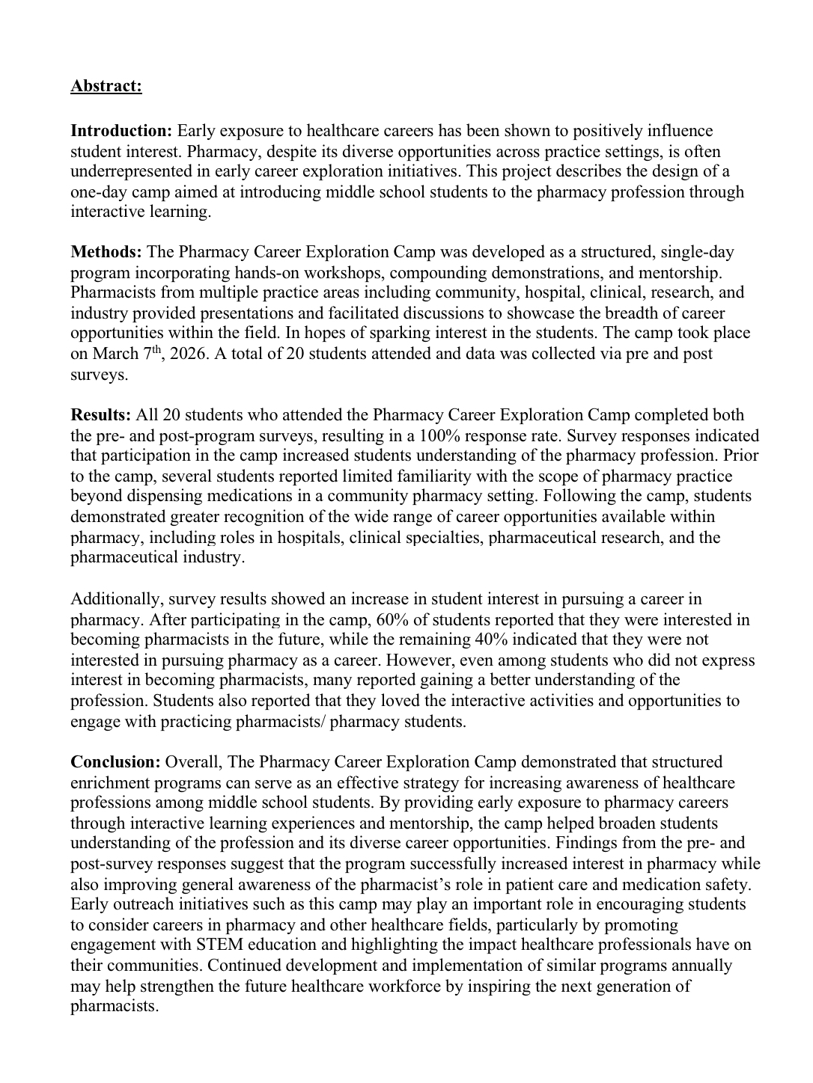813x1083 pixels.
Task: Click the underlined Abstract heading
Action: (x=106, y=86)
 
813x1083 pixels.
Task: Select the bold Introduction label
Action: (x=121, y=131)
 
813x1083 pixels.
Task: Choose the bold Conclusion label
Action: (x=115, y=762)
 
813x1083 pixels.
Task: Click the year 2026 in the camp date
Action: (x=188, y=354)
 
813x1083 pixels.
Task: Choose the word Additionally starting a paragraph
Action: (x=117, y=599)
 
